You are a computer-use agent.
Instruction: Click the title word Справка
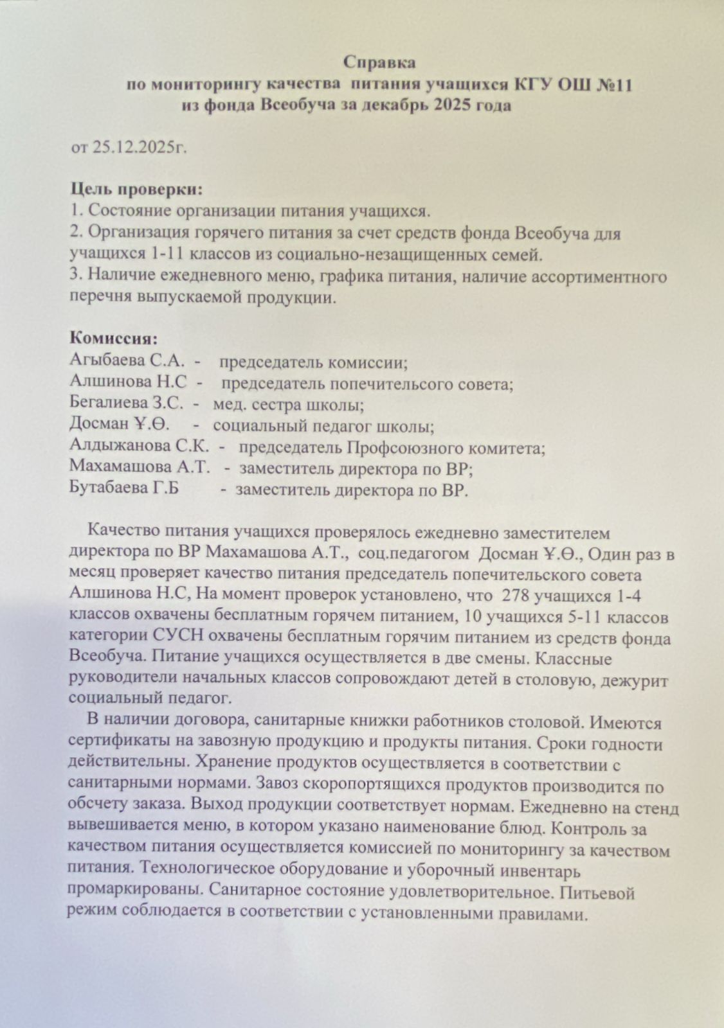pos(379,62)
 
